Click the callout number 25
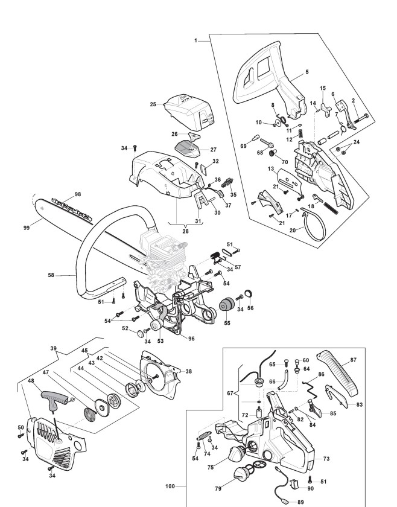pyautogui.click(x=153, y=104)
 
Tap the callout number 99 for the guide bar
pyautogui.click(x=27, y=228)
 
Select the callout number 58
pyautogui.click(x=51, y=275)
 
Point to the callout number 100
pyautogui.click(x=170, y=486)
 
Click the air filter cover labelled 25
pyautogui.click(x=189, y=112)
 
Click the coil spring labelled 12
pyautogui.click(x=301, y=133)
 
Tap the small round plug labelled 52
pyautogui.click(x=141, y=333)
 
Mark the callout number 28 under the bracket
pyautogui.click(x=185, y=232)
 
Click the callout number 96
pyautogui.click(x=191, y=339)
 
